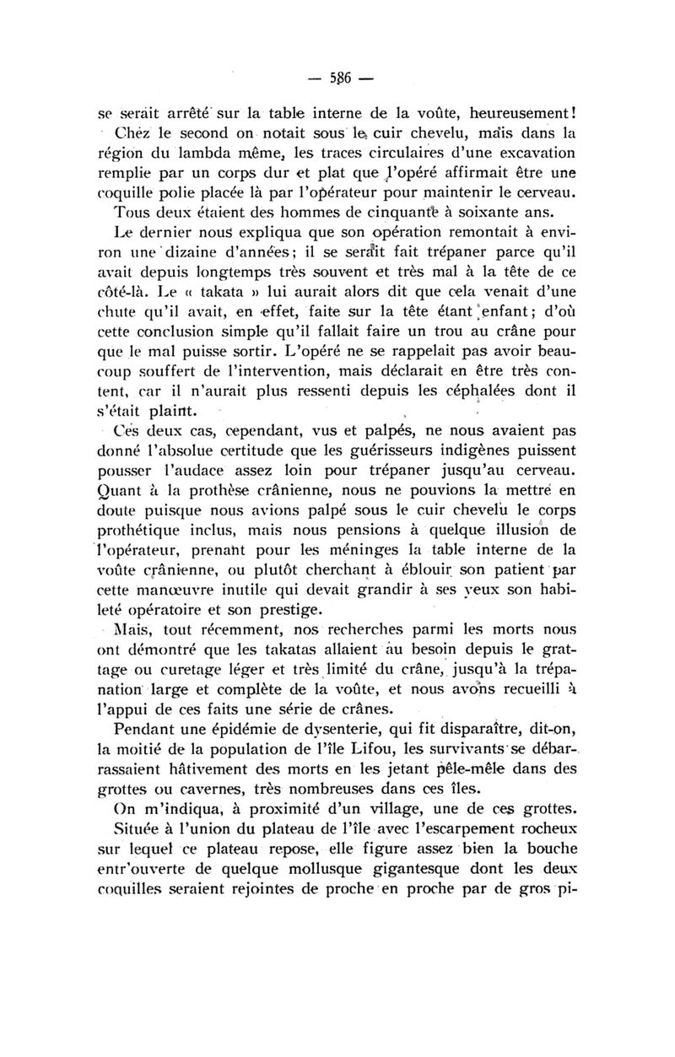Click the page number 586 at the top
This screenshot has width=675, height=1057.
pyautogui.click(x=338, y=82)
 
